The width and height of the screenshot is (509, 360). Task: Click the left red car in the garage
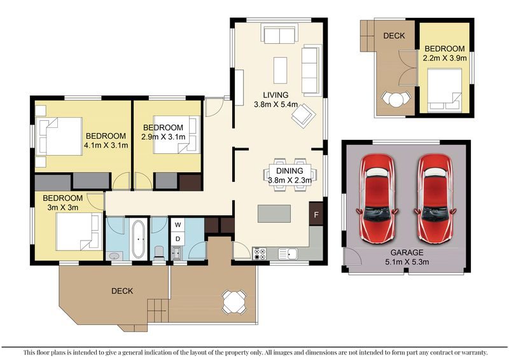point(377,198)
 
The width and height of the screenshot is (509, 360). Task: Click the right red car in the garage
point(435,198)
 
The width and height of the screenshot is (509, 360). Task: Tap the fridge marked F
point(316,214)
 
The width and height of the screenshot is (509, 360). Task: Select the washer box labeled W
point(178,225)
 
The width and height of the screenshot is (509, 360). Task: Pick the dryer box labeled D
point(178,239)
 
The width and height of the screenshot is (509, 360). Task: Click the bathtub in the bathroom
point(139,239)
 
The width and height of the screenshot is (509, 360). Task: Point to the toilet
point(159,253)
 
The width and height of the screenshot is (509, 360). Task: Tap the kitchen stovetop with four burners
point(260,254)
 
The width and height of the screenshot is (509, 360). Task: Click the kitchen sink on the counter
point(288,254)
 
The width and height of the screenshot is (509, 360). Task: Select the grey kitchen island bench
point(274,214)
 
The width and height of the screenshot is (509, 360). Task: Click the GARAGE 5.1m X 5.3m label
point(407,257)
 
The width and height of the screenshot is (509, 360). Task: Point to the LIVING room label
point(275,95)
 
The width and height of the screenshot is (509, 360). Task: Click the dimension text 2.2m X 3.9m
point(445,58)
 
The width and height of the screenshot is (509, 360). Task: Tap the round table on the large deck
point(234,302)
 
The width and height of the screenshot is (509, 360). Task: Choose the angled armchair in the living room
point(304,116)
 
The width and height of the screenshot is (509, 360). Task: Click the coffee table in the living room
point(280,71)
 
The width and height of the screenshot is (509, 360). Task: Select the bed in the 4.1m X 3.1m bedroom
point(59,136)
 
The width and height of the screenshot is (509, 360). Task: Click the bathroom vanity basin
point(115,256)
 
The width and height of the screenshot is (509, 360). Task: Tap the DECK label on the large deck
point(122,291)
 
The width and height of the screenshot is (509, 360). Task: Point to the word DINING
point(289,170)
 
